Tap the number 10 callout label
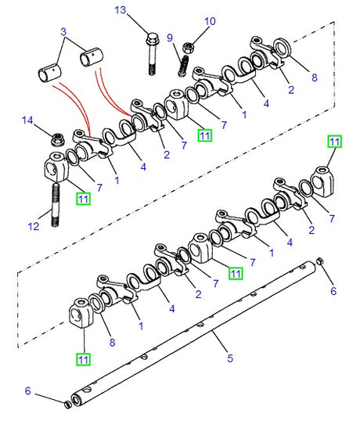tap(210, 21)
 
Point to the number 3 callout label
tap(63, 31)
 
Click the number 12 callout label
tap(33, 227)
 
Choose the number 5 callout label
tap(230, 359)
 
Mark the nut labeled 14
tap(57, 140)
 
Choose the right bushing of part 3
tap(92, 59)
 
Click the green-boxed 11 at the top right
tap(334, 142)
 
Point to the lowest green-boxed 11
tap(83, 359)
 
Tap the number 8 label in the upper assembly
tap(315, 77)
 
